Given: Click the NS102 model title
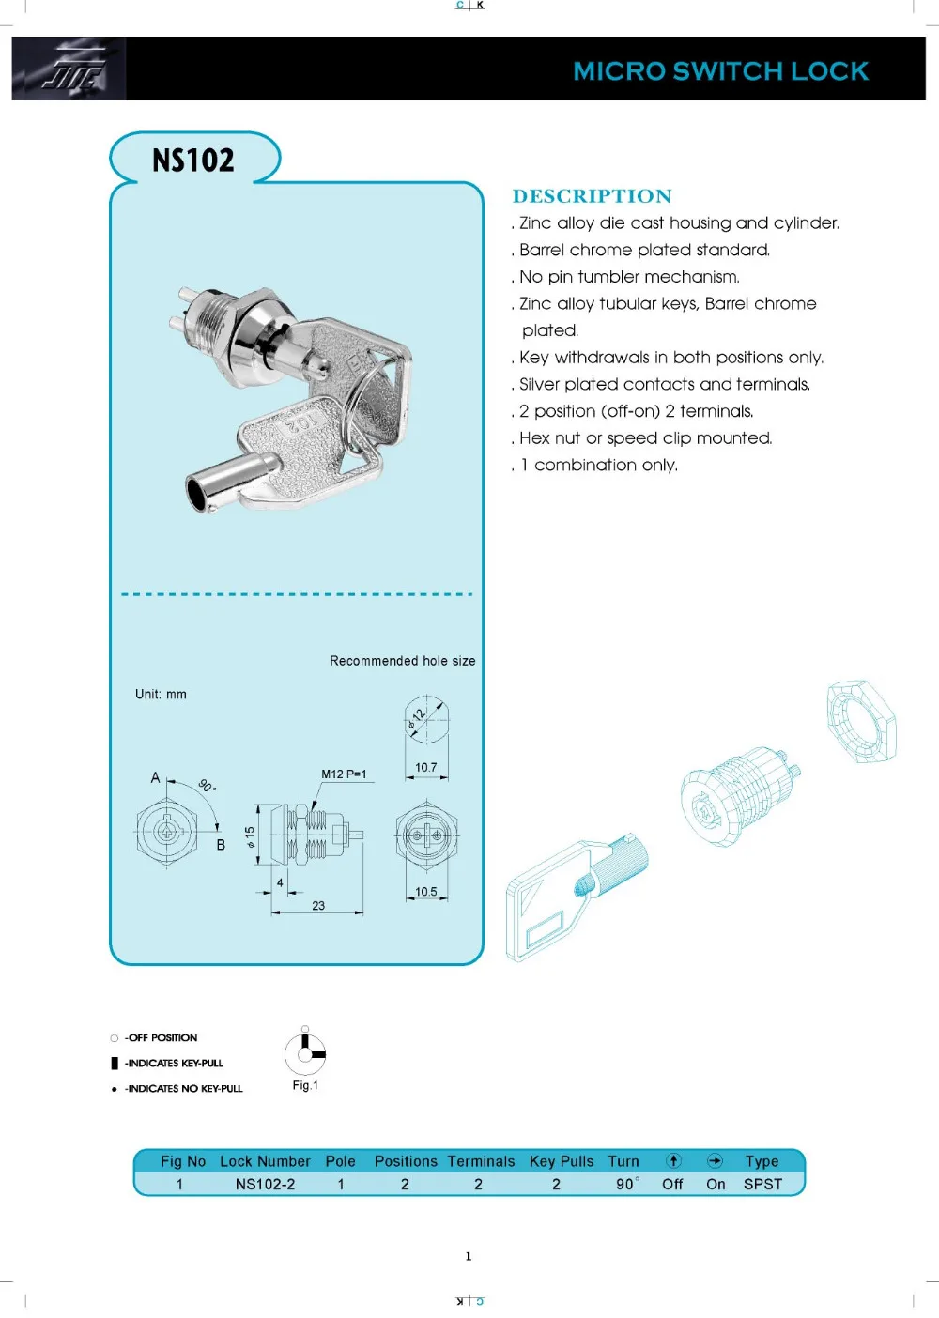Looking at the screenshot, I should [x=193, y=161].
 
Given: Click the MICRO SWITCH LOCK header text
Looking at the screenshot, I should [x=720, y=71].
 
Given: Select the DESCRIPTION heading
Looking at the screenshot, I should [x=592, y=196].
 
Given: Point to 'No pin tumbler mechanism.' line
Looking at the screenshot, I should [x=629, y=277].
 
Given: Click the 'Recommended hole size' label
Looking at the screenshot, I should [x=402, y=661].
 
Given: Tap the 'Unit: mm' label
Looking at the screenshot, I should [x=161, y=695].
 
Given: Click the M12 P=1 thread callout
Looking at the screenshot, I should [x=344, y=774].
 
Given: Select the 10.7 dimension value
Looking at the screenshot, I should [x=426, y=768].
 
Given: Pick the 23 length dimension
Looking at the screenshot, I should [x=318, y=906].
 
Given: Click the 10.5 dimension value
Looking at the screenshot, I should [x=426, y=892].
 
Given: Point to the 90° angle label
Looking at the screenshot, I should [x=208, y=786].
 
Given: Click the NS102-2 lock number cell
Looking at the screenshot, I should [x=265, y=1185].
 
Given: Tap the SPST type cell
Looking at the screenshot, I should [x=762, y=1185].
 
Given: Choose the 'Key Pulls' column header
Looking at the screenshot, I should [x=562, y=1161].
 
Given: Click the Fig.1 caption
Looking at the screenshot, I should [x=305, y=1085].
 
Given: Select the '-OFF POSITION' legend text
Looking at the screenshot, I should [x=161, y=1038].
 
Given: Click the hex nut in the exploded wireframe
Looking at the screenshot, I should [x=861, y=722].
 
